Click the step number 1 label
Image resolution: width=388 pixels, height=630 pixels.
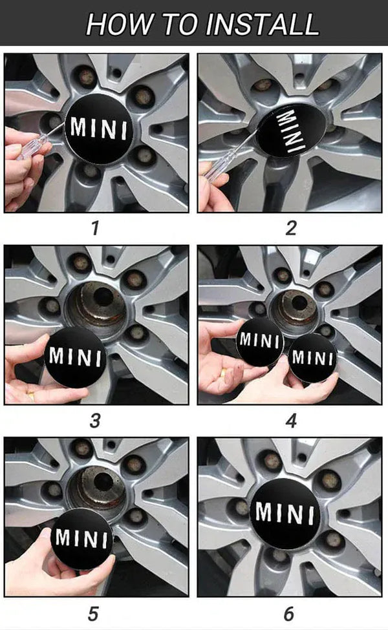[x=95, y=228]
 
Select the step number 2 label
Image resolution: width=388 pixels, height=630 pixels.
[x=291, y=228]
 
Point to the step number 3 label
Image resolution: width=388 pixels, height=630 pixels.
[x=95, y=421]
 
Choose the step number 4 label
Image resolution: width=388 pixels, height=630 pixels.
[x=291, y=421]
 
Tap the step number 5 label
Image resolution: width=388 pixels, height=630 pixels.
[x=93, y=614]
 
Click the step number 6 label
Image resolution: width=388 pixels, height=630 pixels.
[x=289, y=614]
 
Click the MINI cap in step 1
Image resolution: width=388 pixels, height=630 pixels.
[x=98, y=129]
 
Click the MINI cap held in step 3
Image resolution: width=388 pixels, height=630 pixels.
[x=75, y=357]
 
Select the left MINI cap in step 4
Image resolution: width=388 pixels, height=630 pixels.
[x=260, y=342]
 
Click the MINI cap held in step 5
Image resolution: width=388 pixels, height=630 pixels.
[x=81, y=538]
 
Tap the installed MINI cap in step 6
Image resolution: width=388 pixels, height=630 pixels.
[x=285, y=514]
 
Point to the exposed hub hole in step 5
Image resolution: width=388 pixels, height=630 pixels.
[x=103, y=481]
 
